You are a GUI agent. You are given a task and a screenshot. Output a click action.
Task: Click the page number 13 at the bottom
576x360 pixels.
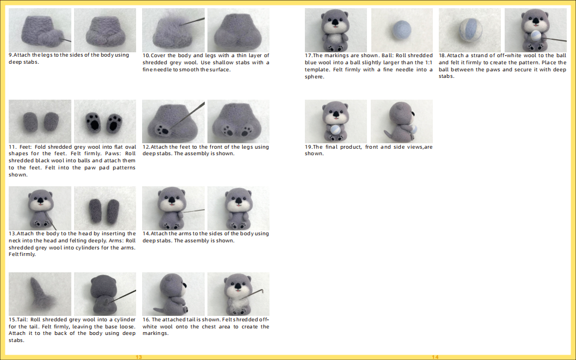(x=139, y=357)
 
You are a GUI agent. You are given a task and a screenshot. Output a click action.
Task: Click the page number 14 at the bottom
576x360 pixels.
(x=435, y=357)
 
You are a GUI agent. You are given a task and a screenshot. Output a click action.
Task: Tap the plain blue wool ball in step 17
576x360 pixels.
(x=401, y=30)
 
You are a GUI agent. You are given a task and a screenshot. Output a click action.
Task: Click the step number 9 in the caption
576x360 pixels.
(x=10, y=55)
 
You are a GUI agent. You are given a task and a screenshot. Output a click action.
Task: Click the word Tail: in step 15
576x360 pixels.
(x=21, y=320)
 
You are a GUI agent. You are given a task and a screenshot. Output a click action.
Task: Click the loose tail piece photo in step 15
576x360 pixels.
(x=40, y=294)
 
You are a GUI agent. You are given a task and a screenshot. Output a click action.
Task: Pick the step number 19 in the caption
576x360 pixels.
(x=308, y=147)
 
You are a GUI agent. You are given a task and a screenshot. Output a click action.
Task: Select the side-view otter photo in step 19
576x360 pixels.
(x=401, y=121)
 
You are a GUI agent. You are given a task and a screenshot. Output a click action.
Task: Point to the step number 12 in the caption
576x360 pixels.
(x=145, y=147)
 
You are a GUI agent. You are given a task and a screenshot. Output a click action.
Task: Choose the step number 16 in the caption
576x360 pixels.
(x=146, y=320)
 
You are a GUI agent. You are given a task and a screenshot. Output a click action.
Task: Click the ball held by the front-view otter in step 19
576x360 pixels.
(x=335, y=130)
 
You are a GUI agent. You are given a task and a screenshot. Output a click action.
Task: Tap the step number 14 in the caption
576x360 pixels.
(x=145, y=234)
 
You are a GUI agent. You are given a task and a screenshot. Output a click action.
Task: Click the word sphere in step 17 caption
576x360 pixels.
(x=314, y=77)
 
